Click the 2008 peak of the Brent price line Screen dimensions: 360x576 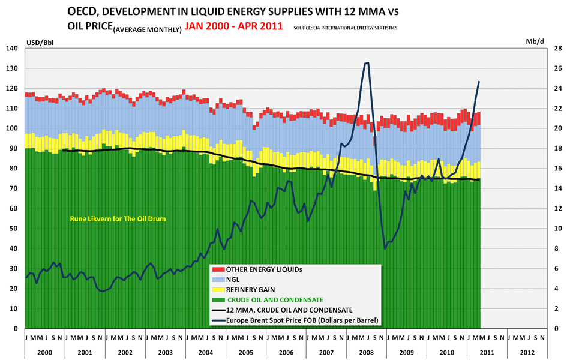pyautogui.click(x=366, y=63)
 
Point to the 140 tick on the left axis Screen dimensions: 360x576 pyautogui.click(x=13, y=48)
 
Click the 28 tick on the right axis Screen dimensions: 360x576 pyautogui.click(x=557, y=48)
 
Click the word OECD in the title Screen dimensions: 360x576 pyautogui.click(x=83, y=11)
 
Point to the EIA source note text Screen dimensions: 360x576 pyautogui.click(x=345, y=28)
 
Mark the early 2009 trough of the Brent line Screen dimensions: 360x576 pyautogui.click(x=385, y=248)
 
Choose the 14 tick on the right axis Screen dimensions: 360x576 pyautogui.click(x=557, y=188)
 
